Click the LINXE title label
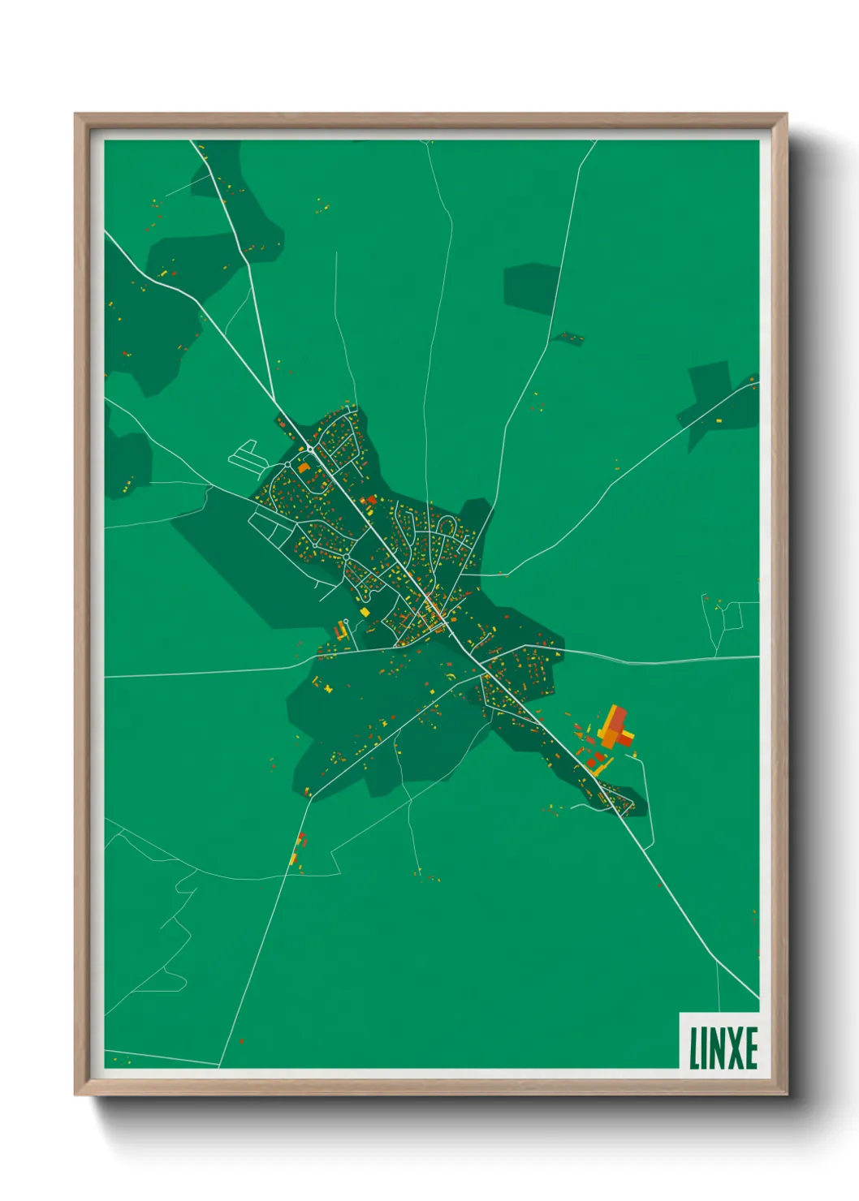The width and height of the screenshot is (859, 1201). tap(723, 1048)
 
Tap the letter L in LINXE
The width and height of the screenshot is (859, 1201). tap(694, 1048)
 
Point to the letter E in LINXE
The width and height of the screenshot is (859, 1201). tap(750, 1048)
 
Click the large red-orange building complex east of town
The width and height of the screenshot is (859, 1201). tap(615, 728)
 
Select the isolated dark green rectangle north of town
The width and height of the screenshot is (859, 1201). tap(531, 288)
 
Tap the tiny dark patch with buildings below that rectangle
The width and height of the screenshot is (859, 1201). tap(568, 338)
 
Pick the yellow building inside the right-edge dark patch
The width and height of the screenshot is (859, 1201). tap(718, 420)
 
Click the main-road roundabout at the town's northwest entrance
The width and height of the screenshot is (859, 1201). tap(310, 449)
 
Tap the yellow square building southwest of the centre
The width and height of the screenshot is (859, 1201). tap(365, 611)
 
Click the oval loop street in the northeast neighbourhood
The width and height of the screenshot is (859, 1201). tap(446, 528)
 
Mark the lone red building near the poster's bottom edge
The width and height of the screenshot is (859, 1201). tap(241, 1041)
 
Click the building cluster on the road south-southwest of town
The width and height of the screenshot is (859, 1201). tap(298, 848)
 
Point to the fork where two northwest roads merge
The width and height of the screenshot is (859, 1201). tap(270, 395)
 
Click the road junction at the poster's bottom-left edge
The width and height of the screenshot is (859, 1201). tap(218, 1065)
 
